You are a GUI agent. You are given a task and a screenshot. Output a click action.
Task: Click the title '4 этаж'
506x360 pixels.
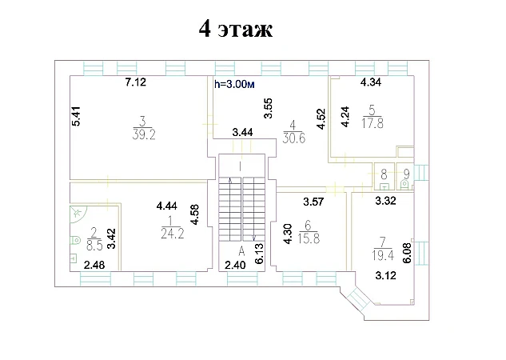[236, 29]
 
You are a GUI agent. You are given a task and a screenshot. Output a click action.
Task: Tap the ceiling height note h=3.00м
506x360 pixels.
[234, 85]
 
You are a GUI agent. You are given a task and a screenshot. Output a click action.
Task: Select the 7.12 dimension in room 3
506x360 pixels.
[136, 82]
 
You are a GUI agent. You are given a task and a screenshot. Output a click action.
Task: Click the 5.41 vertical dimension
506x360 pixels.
[77, 116]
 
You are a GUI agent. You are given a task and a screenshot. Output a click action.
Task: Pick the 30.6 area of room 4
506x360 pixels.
[293, 138]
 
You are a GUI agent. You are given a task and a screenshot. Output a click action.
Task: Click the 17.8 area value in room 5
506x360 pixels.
[373, 123]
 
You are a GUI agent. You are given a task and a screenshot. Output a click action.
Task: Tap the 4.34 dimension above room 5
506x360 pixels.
[371, 82]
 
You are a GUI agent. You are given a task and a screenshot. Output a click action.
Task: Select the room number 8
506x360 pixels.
[384, 174]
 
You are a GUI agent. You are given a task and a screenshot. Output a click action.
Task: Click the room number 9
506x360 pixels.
[407, 174]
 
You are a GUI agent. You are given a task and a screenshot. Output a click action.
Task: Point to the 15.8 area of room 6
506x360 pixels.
[309, 238]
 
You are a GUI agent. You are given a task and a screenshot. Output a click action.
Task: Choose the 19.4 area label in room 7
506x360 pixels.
[383, 255]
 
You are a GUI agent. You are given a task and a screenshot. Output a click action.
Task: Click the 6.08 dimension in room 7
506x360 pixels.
[408, 253]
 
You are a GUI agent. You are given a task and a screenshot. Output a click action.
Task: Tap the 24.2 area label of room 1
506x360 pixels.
[173, 234]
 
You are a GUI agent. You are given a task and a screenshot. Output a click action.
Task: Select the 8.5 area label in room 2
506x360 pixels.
[94, 245]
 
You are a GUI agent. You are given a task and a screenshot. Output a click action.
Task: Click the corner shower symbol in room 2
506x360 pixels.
[78, 214]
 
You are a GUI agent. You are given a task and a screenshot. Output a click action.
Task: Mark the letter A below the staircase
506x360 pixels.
[241, 250]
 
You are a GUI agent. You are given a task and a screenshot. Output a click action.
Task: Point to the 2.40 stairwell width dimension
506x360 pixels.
[235, 265]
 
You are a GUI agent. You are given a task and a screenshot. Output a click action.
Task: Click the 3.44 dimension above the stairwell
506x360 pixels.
[243, 132]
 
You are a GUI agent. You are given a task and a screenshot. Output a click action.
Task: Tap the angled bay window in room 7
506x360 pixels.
[357, 298]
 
